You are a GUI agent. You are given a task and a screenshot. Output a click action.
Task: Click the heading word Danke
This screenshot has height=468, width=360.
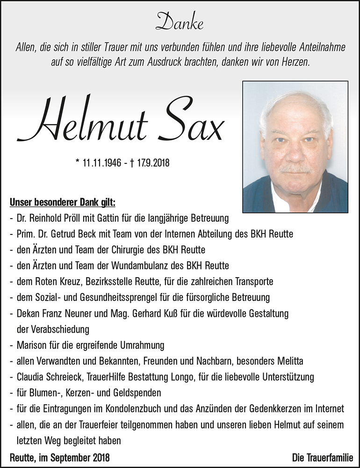click(180, 22)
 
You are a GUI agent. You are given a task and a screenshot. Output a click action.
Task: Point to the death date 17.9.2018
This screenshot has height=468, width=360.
click(151, 163)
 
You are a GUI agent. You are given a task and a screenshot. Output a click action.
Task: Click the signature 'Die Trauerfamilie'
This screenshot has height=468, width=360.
click(323, 457)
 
